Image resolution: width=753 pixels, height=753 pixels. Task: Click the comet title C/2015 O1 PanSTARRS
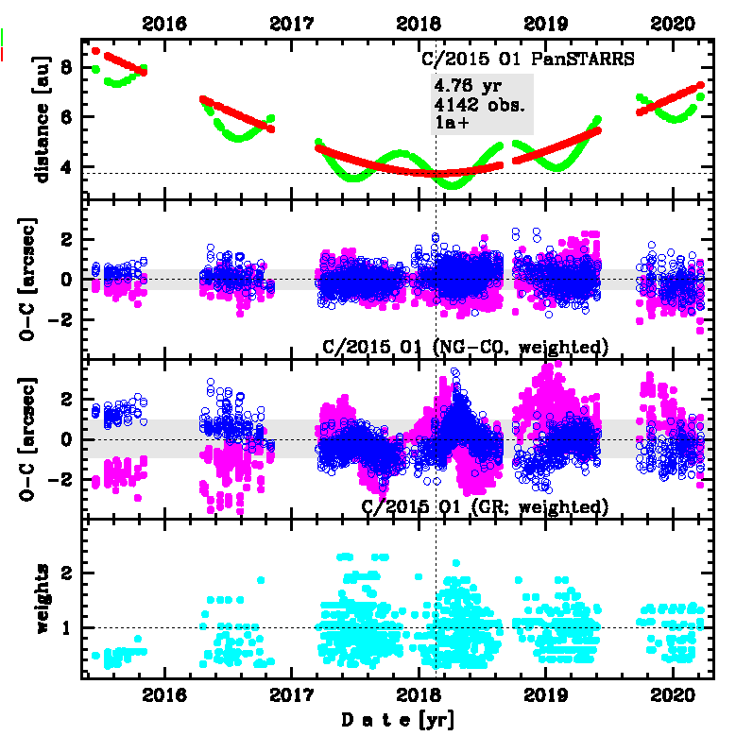point(526,59)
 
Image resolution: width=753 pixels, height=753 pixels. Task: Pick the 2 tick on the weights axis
point(68,573)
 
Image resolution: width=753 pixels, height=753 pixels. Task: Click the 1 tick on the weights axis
point(68,627)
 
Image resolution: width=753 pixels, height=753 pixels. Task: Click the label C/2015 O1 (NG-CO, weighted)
point(464,347)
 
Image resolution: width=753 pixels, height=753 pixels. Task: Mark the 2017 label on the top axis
point(291,24)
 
